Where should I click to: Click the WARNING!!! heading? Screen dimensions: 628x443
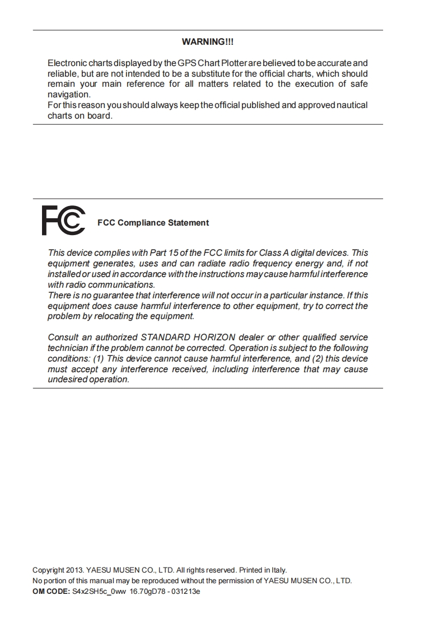pos(208,42)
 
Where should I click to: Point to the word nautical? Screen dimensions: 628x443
pos(352,105)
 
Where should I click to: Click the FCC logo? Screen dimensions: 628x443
pos(63,221)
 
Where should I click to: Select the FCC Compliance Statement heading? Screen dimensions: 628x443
pos(153,223)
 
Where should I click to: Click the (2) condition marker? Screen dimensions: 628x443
pos(316,359)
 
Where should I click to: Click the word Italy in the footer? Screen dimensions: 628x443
pos(278,570)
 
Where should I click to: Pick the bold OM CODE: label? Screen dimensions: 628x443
pos(51,591)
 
